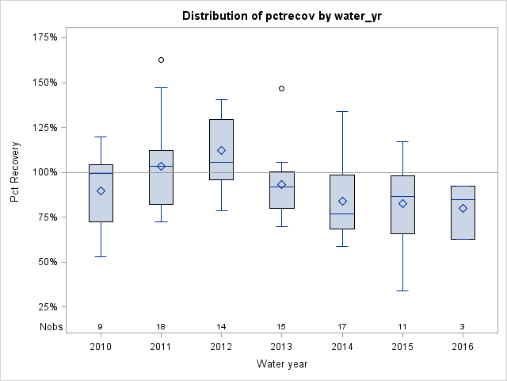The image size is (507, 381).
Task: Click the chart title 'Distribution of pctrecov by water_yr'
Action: click(x=281, y=16)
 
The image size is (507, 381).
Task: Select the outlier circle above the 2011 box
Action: click(x=161, y=60)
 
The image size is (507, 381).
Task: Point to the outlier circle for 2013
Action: click(x=282, y=88)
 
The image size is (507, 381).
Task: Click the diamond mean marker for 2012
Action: click(x=221, y=150)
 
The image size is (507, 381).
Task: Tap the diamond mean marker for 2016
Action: click(x=463, y=209)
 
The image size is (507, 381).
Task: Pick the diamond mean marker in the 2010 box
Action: click(x=101, y=190)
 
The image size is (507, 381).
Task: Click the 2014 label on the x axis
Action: click(x=342, y=346)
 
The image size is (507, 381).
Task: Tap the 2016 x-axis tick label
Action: click(x=463, y=346)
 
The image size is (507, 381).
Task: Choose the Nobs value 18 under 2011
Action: click(x=161, y=327)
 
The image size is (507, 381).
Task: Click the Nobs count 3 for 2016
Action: click(x=463, y=327)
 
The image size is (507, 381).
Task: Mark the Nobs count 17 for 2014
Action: click(x=342, y=327)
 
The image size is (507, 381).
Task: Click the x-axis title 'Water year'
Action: click(x=281, y=364)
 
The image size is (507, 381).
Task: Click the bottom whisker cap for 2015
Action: click(x=402, y=291)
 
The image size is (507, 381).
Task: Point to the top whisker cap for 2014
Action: click(x=342, y=111)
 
